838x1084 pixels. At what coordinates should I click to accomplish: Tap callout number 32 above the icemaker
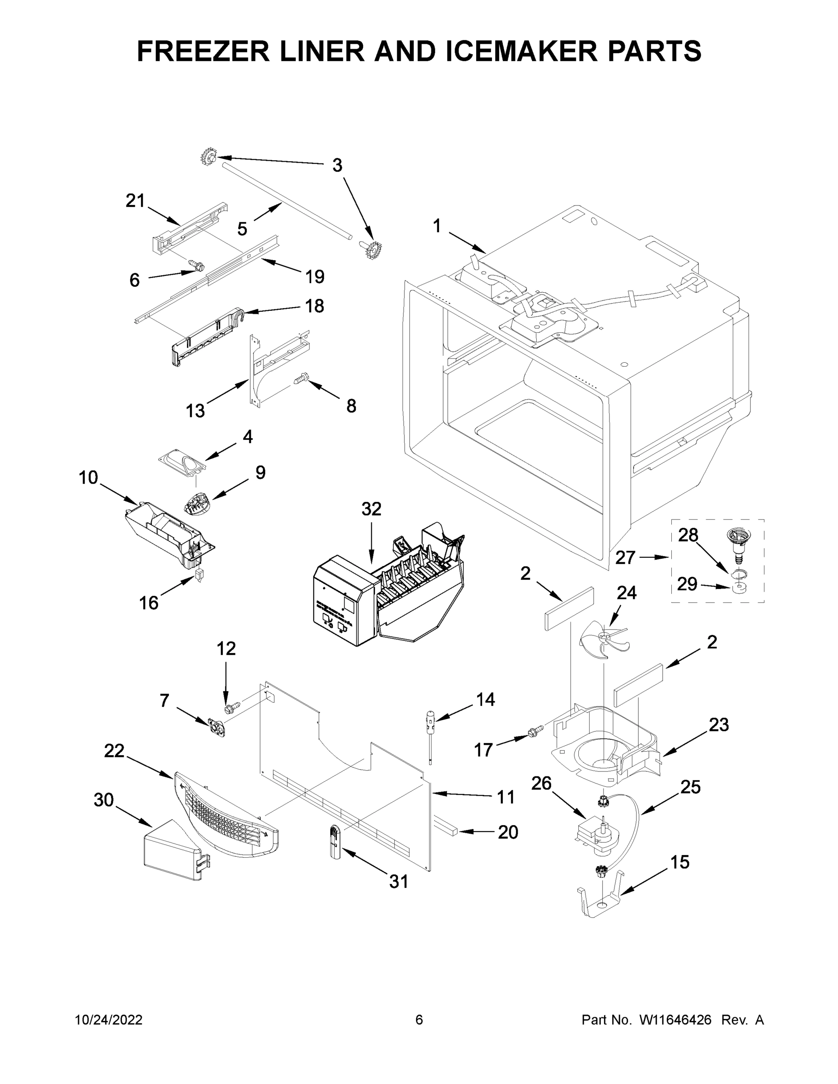371,509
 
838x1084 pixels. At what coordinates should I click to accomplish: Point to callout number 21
135,201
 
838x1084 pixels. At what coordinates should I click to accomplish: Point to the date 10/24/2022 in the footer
109,1020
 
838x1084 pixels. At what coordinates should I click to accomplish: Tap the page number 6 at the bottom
419,1020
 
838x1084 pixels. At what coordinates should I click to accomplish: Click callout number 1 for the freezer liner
437,226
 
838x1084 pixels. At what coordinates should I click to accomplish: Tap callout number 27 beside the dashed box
625,557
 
